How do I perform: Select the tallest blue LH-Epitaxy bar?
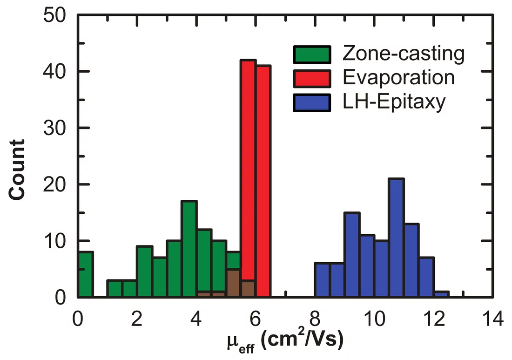[x=396, y=238]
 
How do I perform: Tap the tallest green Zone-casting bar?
[x=189, y=249]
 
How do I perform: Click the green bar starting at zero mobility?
[x=85, y=274]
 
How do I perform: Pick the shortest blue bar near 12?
[x=441, y=294]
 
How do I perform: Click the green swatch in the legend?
[x=311, y=54]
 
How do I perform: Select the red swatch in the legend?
[x=311, y=78]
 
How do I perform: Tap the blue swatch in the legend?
[x=311, y=102]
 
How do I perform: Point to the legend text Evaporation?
[x=398, y=77]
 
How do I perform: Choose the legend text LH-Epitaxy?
[x=394, y=102]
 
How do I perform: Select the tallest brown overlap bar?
[x=234, y=283]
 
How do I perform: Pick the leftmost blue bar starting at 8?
[x=322, y=280]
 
